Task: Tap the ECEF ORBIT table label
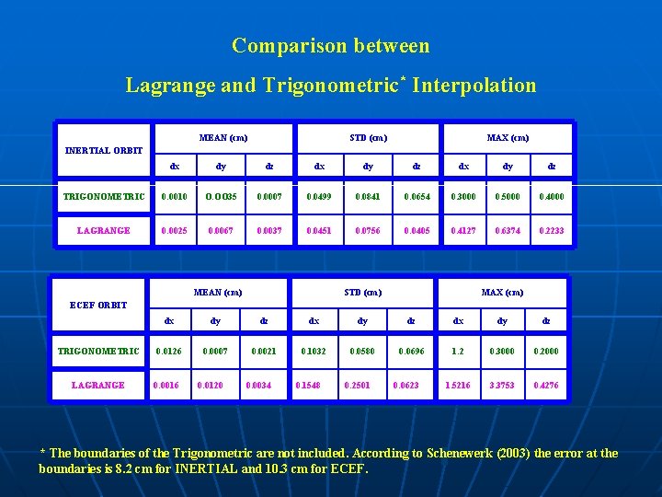click(98, 305)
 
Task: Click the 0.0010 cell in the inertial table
click(174, 196)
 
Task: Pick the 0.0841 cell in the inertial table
click(368, 196)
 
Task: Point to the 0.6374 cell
click(507, 230)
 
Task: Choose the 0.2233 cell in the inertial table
click(552, 230)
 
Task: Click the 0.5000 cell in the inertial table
click(507, 196)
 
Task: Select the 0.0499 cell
click(319, 196)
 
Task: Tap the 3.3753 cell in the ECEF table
click(501, 385)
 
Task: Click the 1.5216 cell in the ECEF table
click(457, 385)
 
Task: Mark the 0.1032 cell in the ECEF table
click(314, 351)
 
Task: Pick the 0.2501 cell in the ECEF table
click(358, 385)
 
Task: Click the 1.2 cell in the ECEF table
click(457, 351)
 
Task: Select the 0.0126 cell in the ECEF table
click(168, 351)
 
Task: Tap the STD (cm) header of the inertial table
click(368, 138)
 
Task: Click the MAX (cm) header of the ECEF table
click(502, 293)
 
